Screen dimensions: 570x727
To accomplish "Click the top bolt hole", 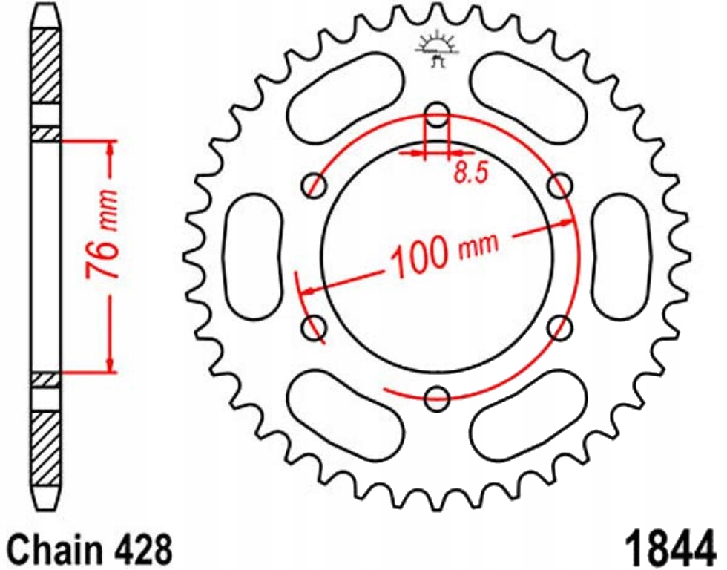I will tap(438, 116).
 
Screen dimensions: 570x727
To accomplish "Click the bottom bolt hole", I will tap(438, 398).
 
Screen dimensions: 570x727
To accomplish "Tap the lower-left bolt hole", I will tap(316, 327).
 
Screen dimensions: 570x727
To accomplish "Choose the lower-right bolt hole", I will tap(561, 327).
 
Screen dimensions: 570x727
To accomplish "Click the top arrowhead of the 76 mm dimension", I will tap(111, 148).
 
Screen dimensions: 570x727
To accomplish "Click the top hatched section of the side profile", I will tap(45, 67).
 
